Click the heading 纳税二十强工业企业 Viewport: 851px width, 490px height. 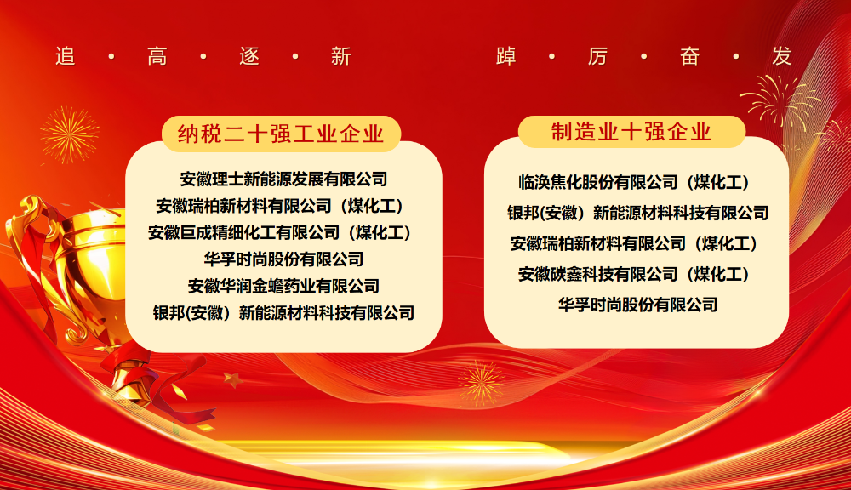click(x=281, y=134)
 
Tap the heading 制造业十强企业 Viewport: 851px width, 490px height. click(x=631, y=131)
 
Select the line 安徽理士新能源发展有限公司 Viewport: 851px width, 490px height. click(x=284, y=179)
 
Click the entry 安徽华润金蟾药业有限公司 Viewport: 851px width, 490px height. click(x=284, y=286)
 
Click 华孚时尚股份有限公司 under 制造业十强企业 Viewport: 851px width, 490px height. click(x=638, y=305)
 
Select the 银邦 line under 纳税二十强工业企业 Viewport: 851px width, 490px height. click(x=284, y=312)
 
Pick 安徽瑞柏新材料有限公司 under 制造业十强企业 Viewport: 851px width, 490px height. click(x=634, y=243)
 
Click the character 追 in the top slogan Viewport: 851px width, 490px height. click(x=66, y=56)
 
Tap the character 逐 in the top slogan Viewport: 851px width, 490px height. click(x=249, y=56)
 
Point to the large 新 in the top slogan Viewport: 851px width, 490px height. click(x=341, y=56)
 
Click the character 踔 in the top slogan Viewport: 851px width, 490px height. click(x=505, y=56)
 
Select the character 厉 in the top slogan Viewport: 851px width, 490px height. click(x=597, y=56)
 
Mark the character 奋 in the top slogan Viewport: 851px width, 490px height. click(x=690, y=56)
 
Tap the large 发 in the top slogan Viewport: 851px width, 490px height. click(x=782, y=56)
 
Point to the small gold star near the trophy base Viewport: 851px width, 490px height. click(x=233, y=379)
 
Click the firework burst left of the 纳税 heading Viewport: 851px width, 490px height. click(x=70, y=134)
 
